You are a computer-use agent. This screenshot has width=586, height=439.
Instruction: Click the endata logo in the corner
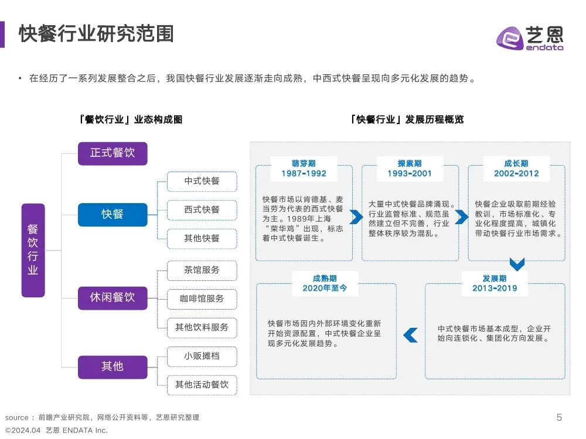click(x=530, y=37)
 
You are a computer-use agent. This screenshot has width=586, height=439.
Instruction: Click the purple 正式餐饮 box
click(x=113, y=153)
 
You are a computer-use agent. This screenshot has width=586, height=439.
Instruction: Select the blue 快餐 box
click(x=113, y=215)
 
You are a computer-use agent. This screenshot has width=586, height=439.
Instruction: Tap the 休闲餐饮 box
click(x=113, y=298)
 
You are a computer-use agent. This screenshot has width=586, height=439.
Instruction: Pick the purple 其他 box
click(x=113, y=367)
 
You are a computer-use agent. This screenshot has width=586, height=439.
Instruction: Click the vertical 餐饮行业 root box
click(x=33, y=250)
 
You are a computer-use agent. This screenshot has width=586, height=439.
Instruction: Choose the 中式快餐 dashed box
click(x=202, y=181)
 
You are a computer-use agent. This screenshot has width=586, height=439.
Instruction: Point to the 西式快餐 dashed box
click(x=202, y=210)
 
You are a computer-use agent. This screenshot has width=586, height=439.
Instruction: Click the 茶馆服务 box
click(x=202, y=270)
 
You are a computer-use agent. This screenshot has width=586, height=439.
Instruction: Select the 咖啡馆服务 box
click(x=202, y=299)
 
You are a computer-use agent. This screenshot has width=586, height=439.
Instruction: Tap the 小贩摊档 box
click(x=202, y=356)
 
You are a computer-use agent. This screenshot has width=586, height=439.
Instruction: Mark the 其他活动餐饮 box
click(x=202, y=385)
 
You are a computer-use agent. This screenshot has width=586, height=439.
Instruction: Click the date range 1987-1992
click(x=304, y=174)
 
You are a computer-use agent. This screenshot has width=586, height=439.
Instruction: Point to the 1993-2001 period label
click(x=410, y=174)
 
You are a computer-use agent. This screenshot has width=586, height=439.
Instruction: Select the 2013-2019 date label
click(x=495, y=288)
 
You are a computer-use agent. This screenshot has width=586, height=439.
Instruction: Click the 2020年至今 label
click(x=325, y=288)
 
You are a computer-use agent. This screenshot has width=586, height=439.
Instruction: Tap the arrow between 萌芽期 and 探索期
click(x=356, y=217)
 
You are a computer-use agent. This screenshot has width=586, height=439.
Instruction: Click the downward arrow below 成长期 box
click(x=517, y=265)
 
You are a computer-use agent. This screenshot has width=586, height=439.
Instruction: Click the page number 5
click(x=559, y=417)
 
